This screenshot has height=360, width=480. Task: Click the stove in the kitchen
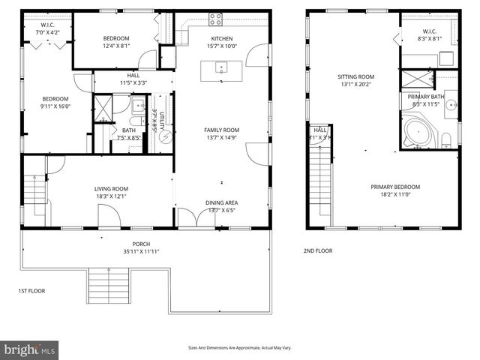tap(215, 19)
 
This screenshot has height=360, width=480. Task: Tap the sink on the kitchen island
tap(221, 68)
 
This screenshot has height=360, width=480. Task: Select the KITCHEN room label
tap(222, 38)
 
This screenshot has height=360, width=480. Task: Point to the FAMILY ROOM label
tap(221, 130)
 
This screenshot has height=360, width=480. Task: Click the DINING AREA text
tap(222, 202)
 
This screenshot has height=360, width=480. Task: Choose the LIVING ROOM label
tap(111, 189)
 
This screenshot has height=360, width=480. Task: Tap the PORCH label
tap(141, 243)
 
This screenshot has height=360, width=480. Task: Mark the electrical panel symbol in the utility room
tap(167, 136)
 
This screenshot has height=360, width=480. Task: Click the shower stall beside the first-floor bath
tap(101, 106)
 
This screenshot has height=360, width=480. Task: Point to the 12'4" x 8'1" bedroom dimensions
tap(116, 46)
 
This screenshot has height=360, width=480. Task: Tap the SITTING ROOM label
tap(355, 76)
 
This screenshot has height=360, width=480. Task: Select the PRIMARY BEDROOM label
tap(394, 187)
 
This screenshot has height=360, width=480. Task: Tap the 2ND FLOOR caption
tap(318, 251)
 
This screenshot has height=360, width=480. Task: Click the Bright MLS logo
tap(29, 349)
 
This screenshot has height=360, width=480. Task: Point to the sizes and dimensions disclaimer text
tap(239, 348)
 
